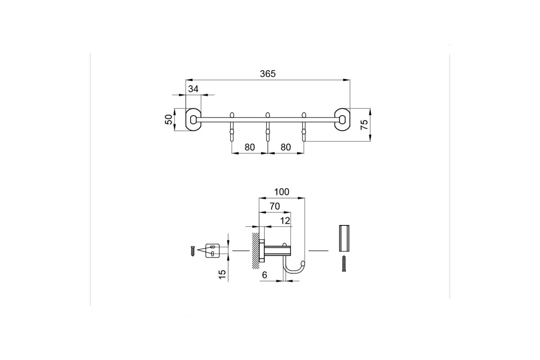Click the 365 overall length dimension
click(268, 74)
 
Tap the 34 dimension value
click(193, 89)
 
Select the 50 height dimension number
click(169, 120)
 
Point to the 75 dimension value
click(364, 125)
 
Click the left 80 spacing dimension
click(249, 147)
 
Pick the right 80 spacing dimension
click(286, 147)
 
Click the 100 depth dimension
click(282, 192)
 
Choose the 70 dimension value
click(274, 207)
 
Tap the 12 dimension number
click(285, 220)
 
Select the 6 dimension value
click(265, 275)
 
